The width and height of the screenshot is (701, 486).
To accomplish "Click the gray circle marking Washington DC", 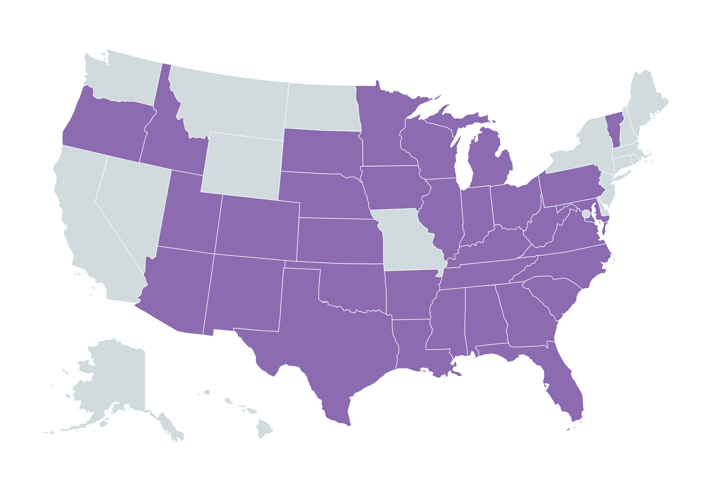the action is [586, 214].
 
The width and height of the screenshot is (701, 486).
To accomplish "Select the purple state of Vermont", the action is [614, 129].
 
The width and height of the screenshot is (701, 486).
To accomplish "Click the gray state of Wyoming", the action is [243, 165].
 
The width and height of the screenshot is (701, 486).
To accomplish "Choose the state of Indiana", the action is [477, 215].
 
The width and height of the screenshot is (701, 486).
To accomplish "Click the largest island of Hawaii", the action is [264, 428].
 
